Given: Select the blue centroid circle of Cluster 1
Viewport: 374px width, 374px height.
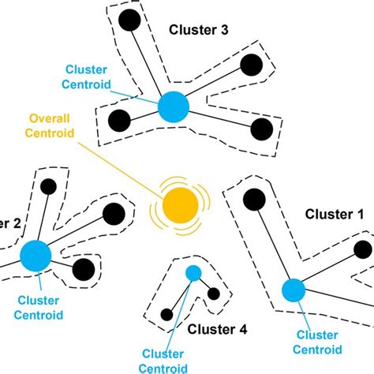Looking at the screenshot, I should pos(293,290).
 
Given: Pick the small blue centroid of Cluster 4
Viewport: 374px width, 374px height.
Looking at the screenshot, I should pos(193,273).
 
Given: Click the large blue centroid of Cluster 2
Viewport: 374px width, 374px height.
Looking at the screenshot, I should pos(36,256).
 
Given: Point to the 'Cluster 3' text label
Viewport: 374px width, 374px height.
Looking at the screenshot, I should pos(198,30).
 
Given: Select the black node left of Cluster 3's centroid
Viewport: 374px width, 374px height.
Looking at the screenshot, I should pos(118,121).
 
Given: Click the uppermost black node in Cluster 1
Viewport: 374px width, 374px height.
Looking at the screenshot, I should pos(253,200).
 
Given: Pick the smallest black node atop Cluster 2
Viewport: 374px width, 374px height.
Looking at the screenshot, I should pos(48,187).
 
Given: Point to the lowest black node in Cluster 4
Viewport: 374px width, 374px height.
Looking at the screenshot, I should pos(166,315).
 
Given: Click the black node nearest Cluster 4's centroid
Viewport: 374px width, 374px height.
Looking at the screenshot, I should pos(213,294).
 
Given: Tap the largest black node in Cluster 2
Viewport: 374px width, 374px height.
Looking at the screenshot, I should pos(113,213).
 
